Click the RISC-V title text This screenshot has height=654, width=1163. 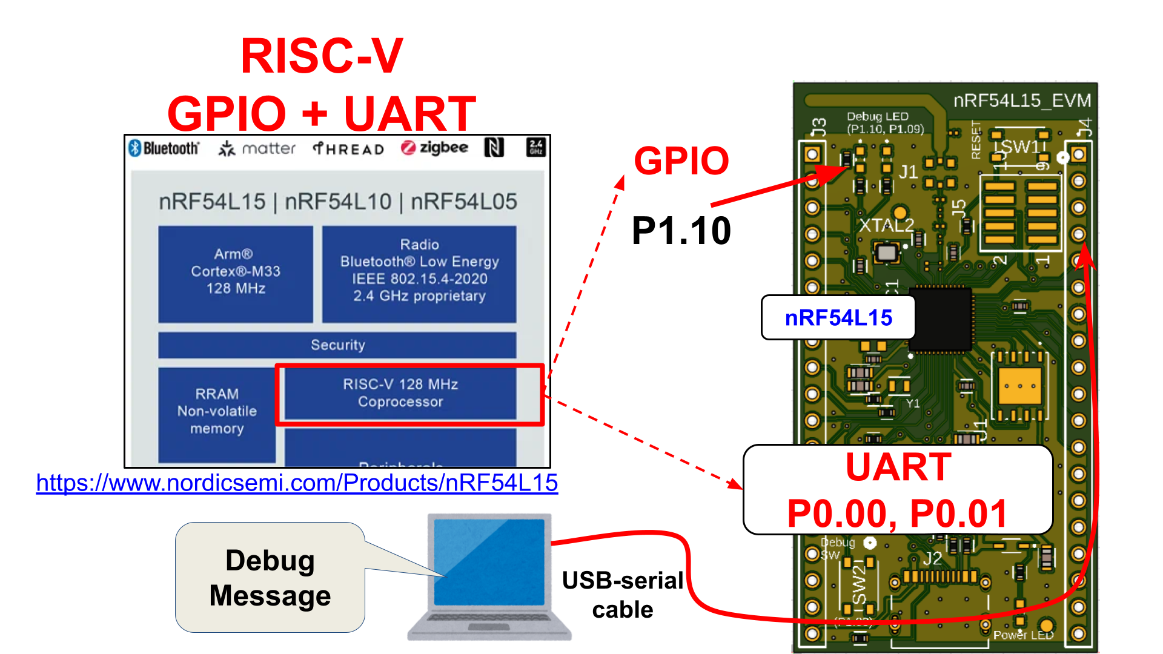(322, 56)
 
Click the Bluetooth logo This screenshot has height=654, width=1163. (164, 148)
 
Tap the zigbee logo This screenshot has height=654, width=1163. (434, 148)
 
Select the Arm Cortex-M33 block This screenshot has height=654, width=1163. (236, 272)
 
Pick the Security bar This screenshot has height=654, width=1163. (337, 345)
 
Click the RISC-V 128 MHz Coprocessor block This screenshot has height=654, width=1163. (400, 393)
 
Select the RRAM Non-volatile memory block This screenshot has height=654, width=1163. (217, 412)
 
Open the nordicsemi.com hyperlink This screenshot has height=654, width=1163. (297, 483)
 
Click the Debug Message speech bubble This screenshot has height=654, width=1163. (270, 578)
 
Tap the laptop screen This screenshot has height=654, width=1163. (489, 562)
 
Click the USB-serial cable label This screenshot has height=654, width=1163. (622, 595)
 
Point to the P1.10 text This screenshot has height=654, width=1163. (681, 231)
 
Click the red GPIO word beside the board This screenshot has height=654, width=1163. (681, 161)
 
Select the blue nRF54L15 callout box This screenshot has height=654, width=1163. (838, 317)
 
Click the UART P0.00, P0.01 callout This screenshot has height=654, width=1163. (898, 490)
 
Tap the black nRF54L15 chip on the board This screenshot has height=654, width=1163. (940, 319)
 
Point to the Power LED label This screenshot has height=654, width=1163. (1023, 635)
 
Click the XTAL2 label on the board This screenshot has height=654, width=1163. (886, 225)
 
